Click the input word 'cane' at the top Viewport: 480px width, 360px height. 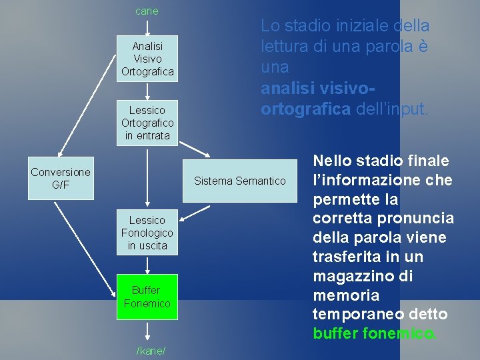[x=147, y=11]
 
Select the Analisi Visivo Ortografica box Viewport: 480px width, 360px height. [x=147, y=59]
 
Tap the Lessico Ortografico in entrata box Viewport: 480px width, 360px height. [x=147, y=123]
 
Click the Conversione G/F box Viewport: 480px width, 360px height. [x=61, y=178]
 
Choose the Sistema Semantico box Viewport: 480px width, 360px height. [x=239, y=181]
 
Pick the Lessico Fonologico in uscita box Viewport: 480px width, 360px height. [x=147, y=233]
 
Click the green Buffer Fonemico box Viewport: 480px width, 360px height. [x=147, y=297]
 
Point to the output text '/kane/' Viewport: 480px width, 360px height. [x=151, y=351]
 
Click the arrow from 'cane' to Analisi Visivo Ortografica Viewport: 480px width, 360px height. [x=147, y=27]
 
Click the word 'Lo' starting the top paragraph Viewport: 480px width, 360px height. [x=270, y=26]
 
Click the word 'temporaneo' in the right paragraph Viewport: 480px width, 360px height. [x=353, y=314]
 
